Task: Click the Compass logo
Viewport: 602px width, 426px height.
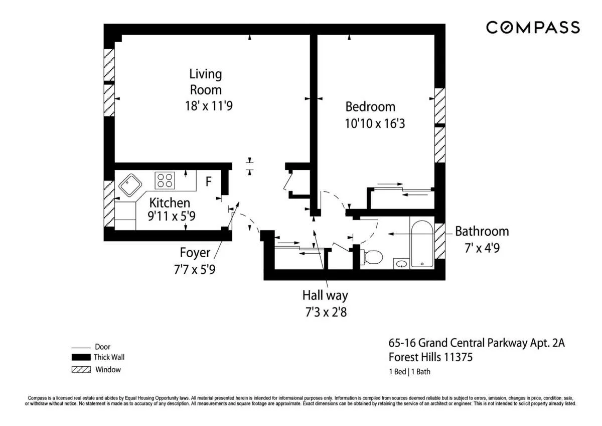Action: tap(533, 27)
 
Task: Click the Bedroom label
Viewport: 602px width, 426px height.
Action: tap(370, 106)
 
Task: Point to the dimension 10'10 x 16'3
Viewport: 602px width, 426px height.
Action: tap(374, 123)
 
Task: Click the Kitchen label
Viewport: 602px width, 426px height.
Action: tap(170, 203)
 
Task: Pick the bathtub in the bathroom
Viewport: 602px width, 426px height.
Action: tap(421, 244)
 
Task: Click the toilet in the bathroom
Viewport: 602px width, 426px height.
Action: tap(372, 257)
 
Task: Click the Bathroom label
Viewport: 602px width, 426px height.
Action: tap(482, 232)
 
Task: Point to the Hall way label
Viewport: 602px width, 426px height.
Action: tap(325, 295)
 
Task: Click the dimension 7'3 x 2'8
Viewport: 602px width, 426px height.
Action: tap(325, 312)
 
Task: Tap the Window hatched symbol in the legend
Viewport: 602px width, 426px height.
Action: tap(80, 370)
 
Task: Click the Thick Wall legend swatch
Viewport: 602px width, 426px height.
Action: tap(80, 358)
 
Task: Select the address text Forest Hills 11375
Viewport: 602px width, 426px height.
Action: tap(431, 358)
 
